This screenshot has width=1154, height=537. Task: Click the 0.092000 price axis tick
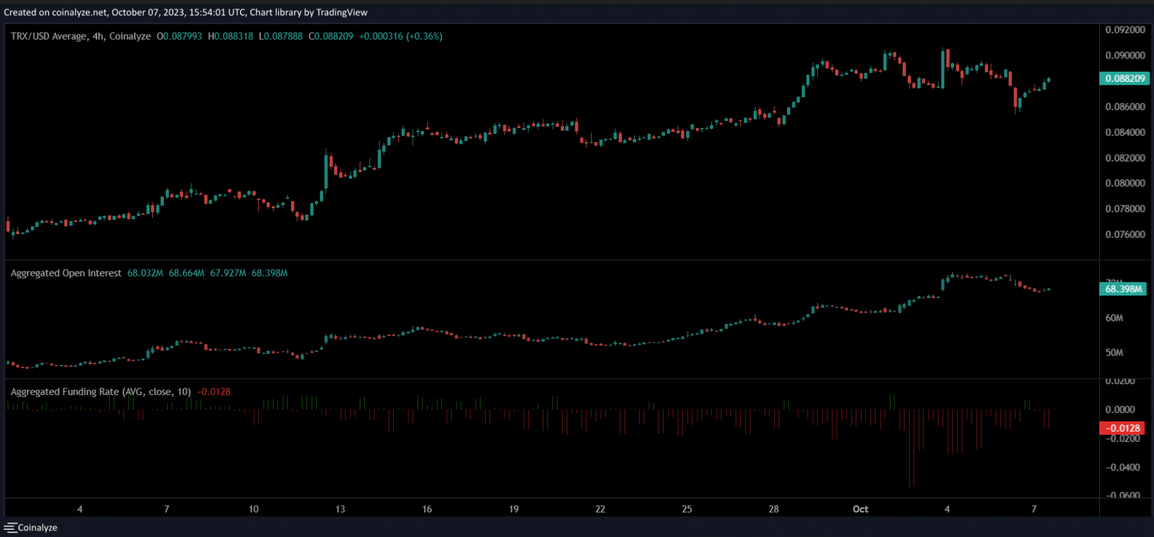[x=1125, y=29]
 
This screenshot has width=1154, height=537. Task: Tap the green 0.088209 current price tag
[x=1124, y=78]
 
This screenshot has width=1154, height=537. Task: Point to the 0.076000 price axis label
[x=1125, y=234]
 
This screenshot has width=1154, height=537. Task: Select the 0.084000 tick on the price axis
[x=1125, y=132]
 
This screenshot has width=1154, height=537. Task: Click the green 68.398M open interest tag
[x=1123, y=289]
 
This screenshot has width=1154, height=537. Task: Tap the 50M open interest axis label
[x=1114, y=353]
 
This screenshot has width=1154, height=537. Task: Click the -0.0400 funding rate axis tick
[x=1123, y=467]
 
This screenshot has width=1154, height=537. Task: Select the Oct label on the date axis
[x=861, y=509]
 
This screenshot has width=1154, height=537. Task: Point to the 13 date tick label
[x=340, y=509]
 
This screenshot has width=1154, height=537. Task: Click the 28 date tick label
[x=774, y=509]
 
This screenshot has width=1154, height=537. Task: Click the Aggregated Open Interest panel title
[x=66, y=273]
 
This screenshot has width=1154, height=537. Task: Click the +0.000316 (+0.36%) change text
[x=401, y=36]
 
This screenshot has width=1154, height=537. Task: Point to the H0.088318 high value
[x=231, y=36]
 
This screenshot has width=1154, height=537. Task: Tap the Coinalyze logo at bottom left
[x=31, y=527]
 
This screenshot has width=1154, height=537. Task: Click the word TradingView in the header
[x=342, y=12]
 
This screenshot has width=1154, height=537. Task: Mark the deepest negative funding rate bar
[x=911, y=449]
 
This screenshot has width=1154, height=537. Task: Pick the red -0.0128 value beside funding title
[x=214, y=392]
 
